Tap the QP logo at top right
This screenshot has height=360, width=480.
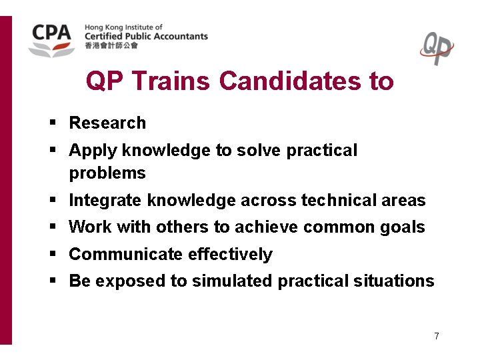437,48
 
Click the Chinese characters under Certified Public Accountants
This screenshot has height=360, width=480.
111,46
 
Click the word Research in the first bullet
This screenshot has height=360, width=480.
107,123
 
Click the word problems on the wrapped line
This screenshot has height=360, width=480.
107,173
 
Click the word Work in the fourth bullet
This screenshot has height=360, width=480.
91,227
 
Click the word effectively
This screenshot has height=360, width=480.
230,255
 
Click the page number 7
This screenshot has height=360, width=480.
436,336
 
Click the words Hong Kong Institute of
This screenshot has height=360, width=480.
123,27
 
